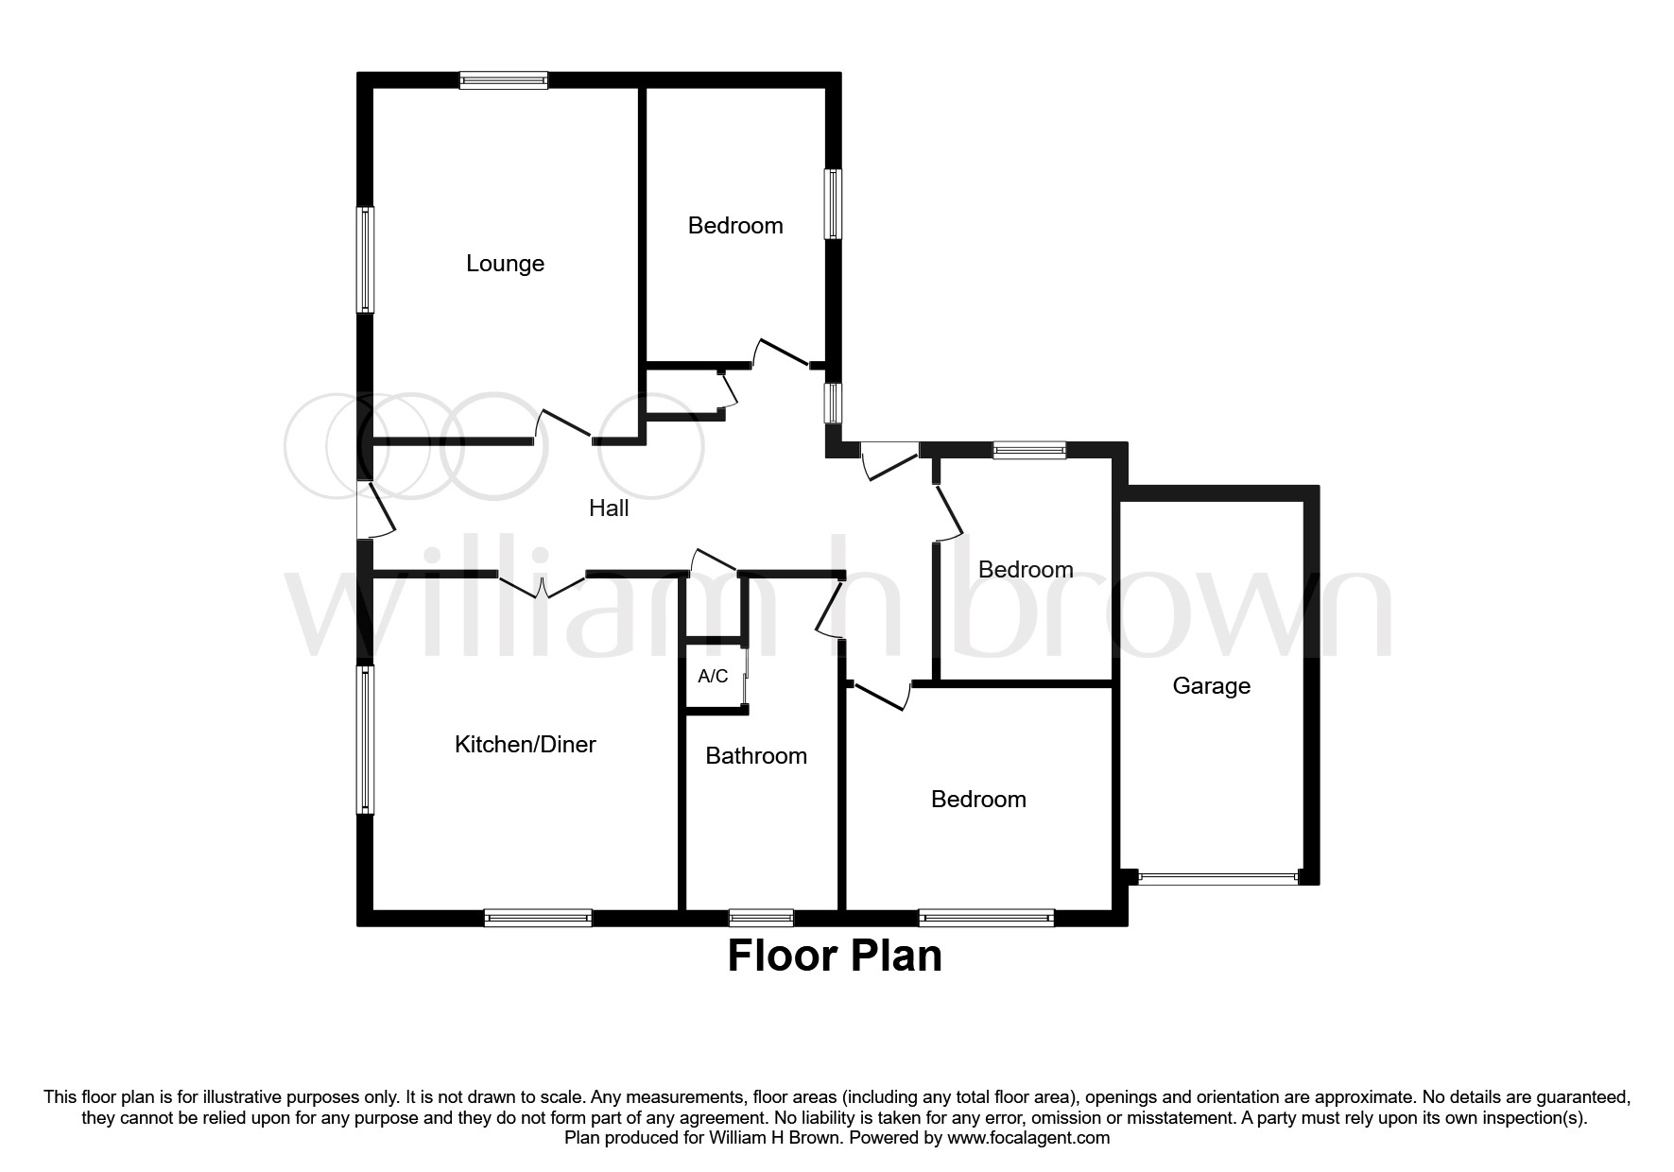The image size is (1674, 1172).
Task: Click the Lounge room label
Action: (505, 264)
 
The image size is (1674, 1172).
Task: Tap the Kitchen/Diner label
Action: (525, 745)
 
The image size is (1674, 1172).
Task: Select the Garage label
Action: (1211, 686)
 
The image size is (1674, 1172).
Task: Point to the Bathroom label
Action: (756, 756)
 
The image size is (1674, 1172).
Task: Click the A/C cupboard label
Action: (713, 677)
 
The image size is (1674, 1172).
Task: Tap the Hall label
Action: (609, 508)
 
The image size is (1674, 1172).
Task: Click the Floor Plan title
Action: (835, 957)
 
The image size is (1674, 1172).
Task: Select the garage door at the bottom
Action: (1218, 878)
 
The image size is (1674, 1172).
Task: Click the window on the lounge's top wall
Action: (504, 81)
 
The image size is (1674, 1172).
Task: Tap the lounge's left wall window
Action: (365, 259)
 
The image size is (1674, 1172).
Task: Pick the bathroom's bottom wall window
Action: (761, 917)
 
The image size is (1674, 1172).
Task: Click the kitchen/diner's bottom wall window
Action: (538, 917)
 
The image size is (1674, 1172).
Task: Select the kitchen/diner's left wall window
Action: (365, 739)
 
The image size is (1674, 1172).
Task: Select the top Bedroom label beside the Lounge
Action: (735, 226)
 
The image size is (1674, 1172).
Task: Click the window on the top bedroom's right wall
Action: (833, 204)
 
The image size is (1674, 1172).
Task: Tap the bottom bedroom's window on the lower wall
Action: (986, 917)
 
